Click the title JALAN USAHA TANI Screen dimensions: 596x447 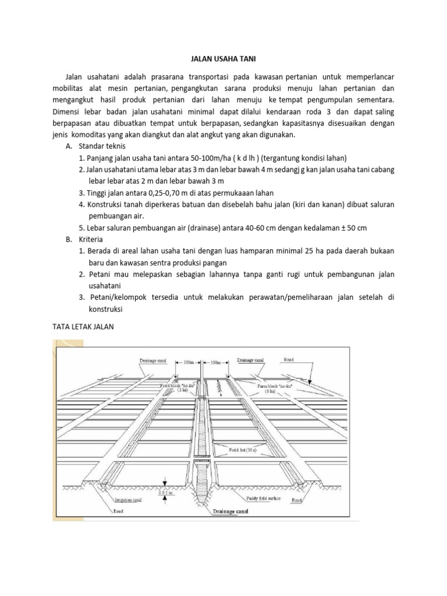point(223,59)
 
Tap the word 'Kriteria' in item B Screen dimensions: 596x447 point(94,239)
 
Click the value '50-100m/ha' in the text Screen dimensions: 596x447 point(209,158)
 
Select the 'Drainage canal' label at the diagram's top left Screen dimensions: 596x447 point(152,360)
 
